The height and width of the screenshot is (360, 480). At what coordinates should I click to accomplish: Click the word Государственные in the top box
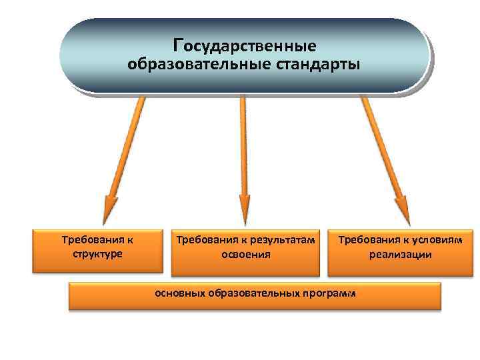coord(245,46)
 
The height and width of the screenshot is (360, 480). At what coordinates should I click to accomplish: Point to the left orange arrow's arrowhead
coord(110,209)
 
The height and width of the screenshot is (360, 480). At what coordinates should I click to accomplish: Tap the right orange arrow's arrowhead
coord(401,209)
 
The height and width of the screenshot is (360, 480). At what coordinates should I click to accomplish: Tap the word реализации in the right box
coord(400,254)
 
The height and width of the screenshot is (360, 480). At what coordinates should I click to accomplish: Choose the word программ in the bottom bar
coord(329,293)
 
